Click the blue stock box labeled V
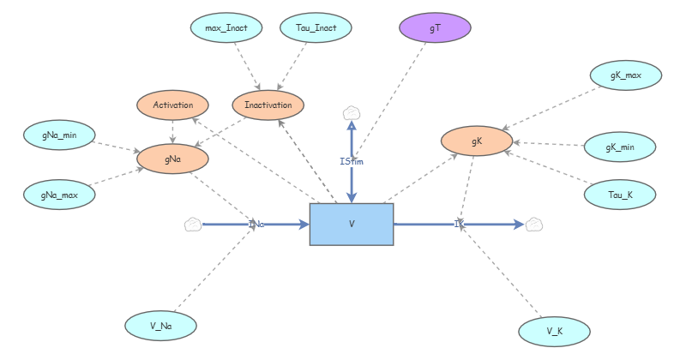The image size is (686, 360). [352, 225]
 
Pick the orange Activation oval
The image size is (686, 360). [172, 105]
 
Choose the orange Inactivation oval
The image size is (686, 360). [268, 105]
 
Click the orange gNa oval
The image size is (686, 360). [172, 158]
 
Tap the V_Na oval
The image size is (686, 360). [161, 325]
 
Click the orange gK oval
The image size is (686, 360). [477, 140]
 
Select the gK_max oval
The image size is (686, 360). [626, 76]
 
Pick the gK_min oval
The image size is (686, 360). [620, 147]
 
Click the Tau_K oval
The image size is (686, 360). [620, 195]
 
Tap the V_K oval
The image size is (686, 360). [555, 331]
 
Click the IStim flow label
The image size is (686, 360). [352, 159]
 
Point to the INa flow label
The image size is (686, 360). [256, 225]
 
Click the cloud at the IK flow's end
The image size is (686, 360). [535, 225]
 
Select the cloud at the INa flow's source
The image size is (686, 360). [193, 225]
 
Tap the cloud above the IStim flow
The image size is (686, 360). [352, 112]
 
